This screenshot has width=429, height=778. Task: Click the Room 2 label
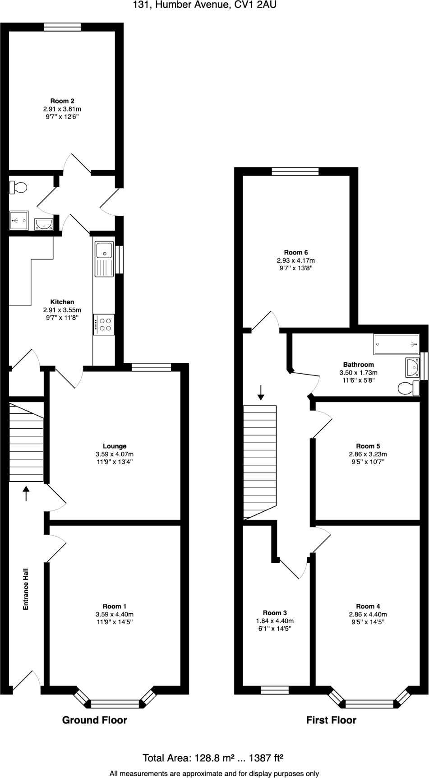pos(62,101)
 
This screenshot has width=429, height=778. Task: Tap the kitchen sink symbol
pos(104,259)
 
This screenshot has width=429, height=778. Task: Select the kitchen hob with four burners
pos(104,324)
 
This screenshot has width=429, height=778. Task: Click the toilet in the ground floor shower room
pos(18,187)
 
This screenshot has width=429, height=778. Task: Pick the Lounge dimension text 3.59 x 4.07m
pos(115,454)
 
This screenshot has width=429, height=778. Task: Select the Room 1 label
pos(115,606)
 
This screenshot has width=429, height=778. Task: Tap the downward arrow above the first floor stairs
pos(260,392)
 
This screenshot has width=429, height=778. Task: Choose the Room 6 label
pos(295,252)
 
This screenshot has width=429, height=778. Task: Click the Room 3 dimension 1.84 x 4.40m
pos(275,621)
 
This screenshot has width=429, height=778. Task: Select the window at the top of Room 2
pos(63,27)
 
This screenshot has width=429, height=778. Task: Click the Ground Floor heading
pos(94,720)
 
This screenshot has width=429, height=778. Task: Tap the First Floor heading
pos(331,720)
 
